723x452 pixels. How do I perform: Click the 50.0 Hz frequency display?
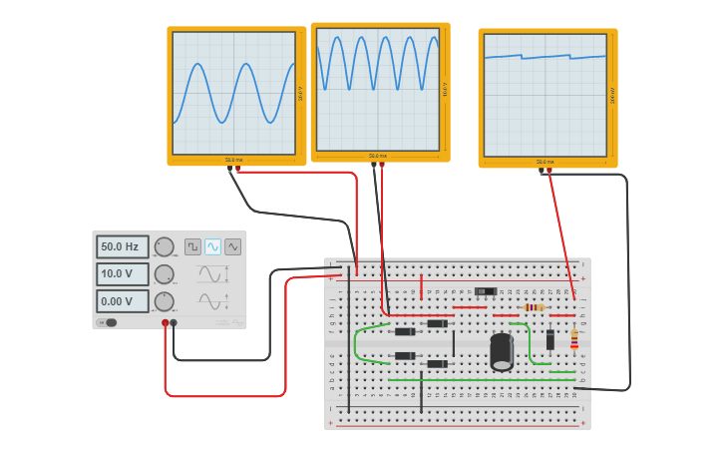pyautogui.click(x=122, y=246)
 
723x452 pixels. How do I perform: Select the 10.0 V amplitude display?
pyautogui.click(x=122, y=273)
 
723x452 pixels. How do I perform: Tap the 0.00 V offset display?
pyautogui.click(x=122, y=301)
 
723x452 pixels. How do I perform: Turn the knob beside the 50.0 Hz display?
pyautogui.click(x=165, y=246)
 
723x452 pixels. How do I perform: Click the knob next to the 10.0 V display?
pyautogui.click(x=165, y=273)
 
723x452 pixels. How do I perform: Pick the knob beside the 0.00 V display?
pyautogui.click(x=165, y=301)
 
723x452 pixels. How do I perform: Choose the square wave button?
pyautogui.click(x=192, y=246)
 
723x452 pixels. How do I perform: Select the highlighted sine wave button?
pyautogui.click(x=212, y=246)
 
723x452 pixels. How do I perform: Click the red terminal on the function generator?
pyautogui.click(x=166, y=322)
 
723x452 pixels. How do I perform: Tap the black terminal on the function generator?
pyautogui.click(x=174, y=322)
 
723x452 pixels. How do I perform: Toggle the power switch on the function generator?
pyautogui.click(x=109, y=322)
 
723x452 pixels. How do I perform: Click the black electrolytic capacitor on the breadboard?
pyautogui.click(x=502, y=352)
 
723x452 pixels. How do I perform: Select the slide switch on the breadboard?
pyautogui.click(x=486, y=291)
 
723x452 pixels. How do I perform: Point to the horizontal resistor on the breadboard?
pyautogui.click(x=535, y=307)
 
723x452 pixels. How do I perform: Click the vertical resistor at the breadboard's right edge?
pyautogui.click(x=574, y=341)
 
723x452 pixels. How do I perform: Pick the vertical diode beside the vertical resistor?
pyautogui.click(x=550, y=340)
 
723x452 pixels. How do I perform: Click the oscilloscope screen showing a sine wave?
pyautogui.click(x=234, y=92)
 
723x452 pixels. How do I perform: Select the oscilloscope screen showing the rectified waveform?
pyautogui.click(x=378, y=88)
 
